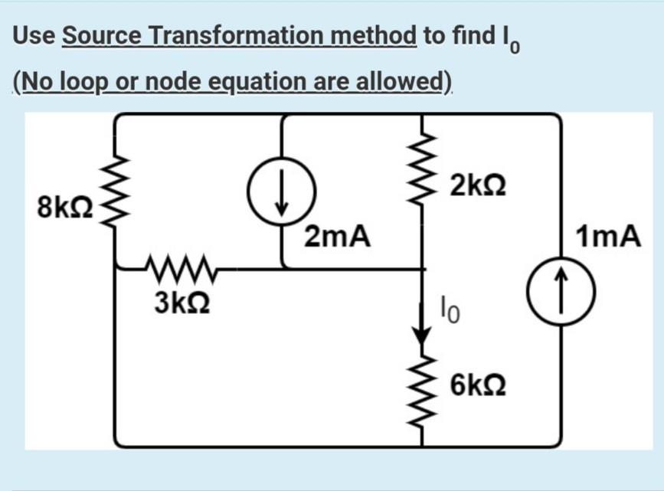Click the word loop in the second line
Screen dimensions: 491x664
click(83, 80)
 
